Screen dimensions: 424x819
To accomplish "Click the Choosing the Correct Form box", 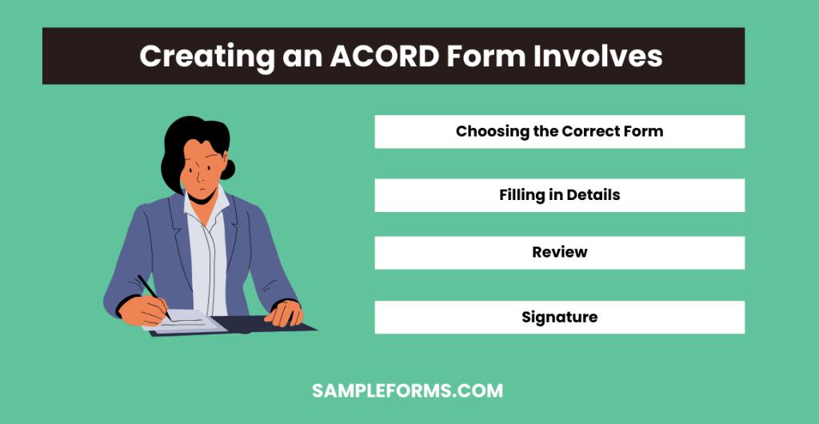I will coord(559,131).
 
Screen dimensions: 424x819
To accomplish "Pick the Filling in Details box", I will coord(559,194).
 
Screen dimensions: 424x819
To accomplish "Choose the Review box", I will coord(559,252).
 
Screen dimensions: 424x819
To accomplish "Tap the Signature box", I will coord(559,317).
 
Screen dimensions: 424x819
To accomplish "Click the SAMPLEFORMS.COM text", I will coord(407,391).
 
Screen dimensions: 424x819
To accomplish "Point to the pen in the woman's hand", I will coord(152,293).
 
